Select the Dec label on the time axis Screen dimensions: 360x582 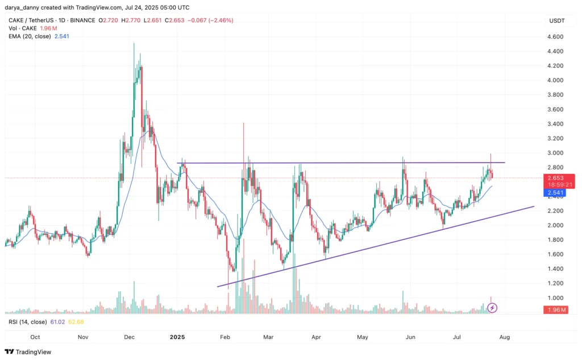point(129,337)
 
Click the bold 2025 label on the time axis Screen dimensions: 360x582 point(178,337)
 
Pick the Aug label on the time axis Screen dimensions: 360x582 point(504,337)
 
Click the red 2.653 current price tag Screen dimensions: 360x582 point(555,178)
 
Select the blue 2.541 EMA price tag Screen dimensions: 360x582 point(555,193)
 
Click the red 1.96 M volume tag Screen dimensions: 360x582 point(555,309)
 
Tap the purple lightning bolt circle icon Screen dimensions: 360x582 point(493,308)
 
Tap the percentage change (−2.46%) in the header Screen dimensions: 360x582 point(217,20)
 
